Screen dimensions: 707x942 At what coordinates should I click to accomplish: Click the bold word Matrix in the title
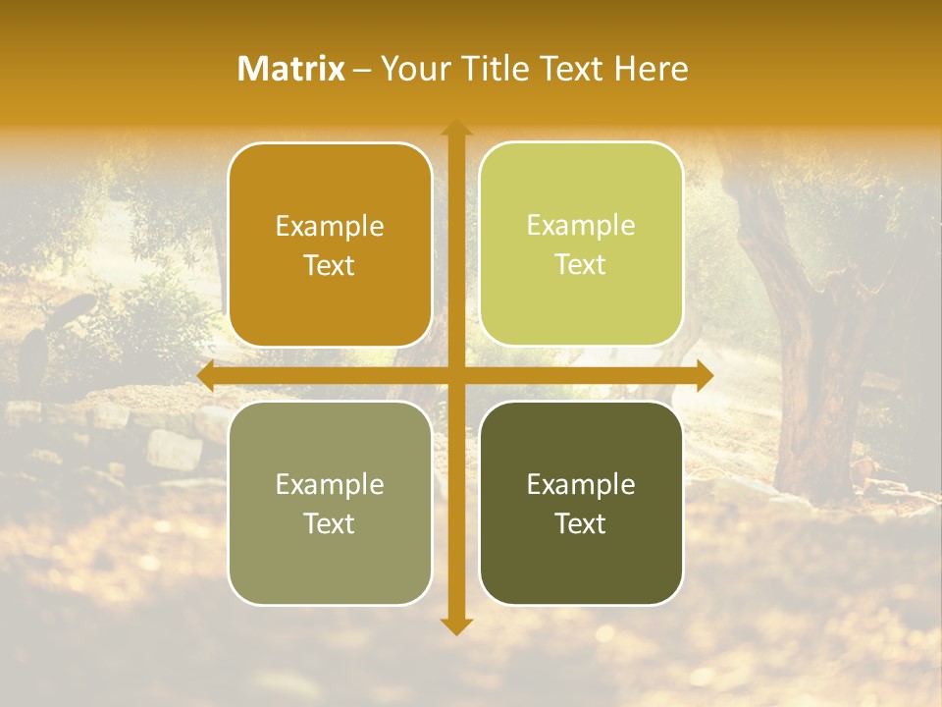[291, 69]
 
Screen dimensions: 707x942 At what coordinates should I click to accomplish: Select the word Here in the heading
[652, 69]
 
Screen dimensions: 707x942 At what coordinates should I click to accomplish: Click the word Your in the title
[412, 69]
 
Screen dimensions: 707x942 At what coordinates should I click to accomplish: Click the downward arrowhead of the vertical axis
[455, 625]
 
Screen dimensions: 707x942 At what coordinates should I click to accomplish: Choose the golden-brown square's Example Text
[330, 245]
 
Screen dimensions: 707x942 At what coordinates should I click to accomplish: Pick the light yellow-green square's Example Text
[581, 245]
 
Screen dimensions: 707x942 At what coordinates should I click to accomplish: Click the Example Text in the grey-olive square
[330, 504]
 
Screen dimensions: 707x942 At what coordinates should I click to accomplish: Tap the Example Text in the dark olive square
[581, 504]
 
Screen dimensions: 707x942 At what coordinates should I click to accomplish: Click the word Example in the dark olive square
[581, 484]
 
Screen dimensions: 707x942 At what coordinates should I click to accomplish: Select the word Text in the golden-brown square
[330, 266]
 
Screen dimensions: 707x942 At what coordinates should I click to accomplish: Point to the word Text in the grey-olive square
[330, 524]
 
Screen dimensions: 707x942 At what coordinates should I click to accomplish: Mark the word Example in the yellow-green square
[581, 225]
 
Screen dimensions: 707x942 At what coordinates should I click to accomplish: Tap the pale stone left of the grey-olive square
[174, 450]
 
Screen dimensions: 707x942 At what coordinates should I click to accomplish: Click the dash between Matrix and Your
[362, 70]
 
